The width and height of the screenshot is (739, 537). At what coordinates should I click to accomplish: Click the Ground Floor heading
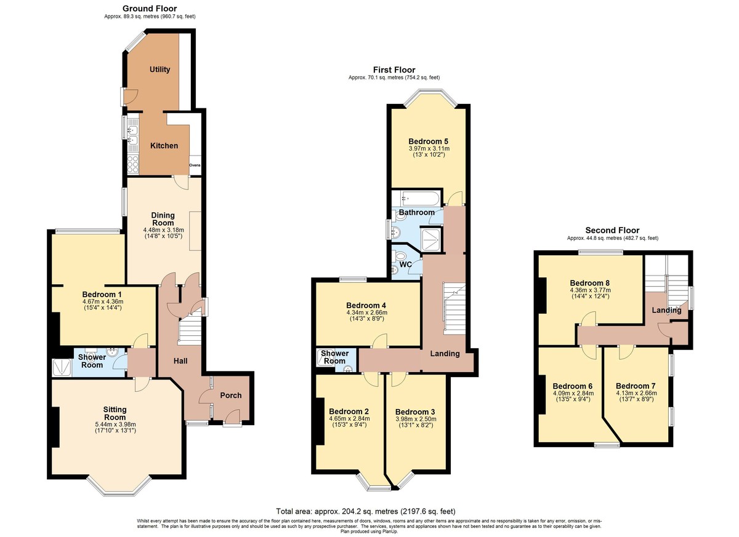point(150,9)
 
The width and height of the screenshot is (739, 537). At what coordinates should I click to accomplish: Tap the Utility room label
point(160,69)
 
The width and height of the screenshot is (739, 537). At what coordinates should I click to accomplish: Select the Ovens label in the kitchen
point(195,165)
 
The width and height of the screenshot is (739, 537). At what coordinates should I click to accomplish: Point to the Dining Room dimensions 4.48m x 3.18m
point(164,229)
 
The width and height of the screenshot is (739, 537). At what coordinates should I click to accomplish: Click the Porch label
point(230,396)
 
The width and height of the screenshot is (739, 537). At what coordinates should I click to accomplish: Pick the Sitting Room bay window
point(119,487)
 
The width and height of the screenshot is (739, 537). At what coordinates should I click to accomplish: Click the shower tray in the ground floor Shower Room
point(62,367)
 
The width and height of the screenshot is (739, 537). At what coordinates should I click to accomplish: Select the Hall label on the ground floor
point(180,361)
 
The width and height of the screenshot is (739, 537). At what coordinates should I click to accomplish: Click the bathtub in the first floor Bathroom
point(416,198)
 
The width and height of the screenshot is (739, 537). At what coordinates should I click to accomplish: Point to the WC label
point(405,265)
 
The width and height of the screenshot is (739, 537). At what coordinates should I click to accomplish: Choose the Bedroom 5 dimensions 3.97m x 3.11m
point(429,149)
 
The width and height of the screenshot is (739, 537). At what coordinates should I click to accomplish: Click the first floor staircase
point(454,308)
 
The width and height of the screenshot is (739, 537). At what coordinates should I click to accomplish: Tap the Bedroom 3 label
point(415,412)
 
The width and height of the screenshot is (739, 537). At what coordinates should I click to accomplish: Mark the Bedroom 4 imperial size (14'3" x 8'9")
point(367,319)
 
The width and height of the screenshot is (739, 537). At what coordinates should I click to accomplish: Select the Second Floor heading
point(612,230)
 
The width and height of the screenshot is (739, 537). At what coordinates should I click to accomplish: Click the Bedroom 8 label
point(590,283)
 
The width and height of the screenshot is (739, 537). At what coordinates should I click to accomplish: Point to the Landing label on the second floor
point(667,310)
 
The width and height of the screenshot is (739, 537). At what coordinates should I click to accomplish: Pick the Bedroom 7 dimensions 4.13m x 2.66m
point(636,393)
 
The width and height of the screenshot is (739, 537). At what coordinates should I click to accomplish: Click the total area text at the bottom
point(366,511)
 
